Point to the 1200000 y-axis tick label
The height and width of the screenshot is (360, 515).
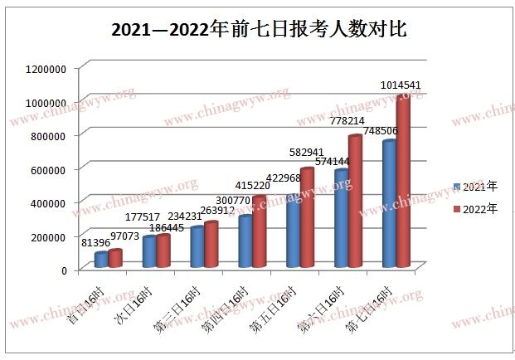click(46, 69)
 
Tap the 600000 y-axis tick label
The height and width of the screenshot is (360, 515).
click(51, 169)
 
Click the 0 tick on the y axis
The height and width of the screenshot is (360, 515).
click(64, 270)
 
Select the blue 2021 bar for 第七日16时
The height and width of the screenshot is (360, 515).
click(388, 205)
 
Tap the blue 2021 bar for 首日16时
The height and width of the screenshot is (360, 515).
click(100, 260)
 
